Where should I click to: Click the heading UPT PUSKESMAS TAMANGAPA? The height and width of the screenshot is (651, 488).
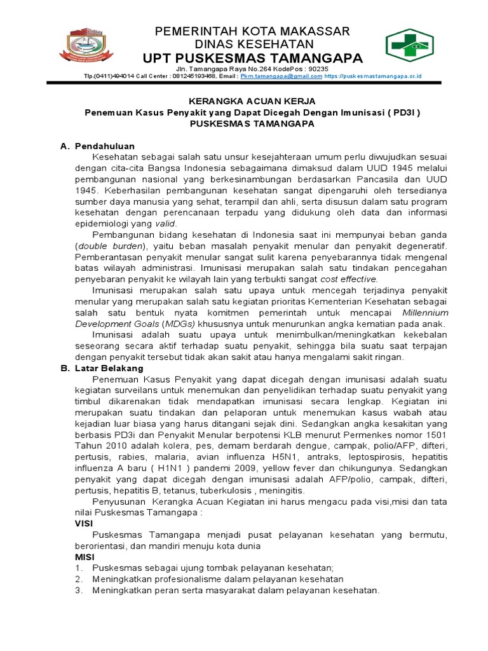click(253, 59)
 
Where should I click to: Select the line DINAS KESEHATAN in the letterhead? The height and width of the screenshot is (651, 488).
click(253, 45)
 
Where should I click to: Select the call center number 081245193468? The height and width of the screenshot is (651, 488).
click(194, 76)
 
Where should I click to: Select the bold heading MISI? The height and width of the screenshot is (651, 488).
click(84, 556)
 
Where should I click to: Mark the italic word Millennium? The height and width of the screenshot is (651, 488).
click(425, 313)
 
